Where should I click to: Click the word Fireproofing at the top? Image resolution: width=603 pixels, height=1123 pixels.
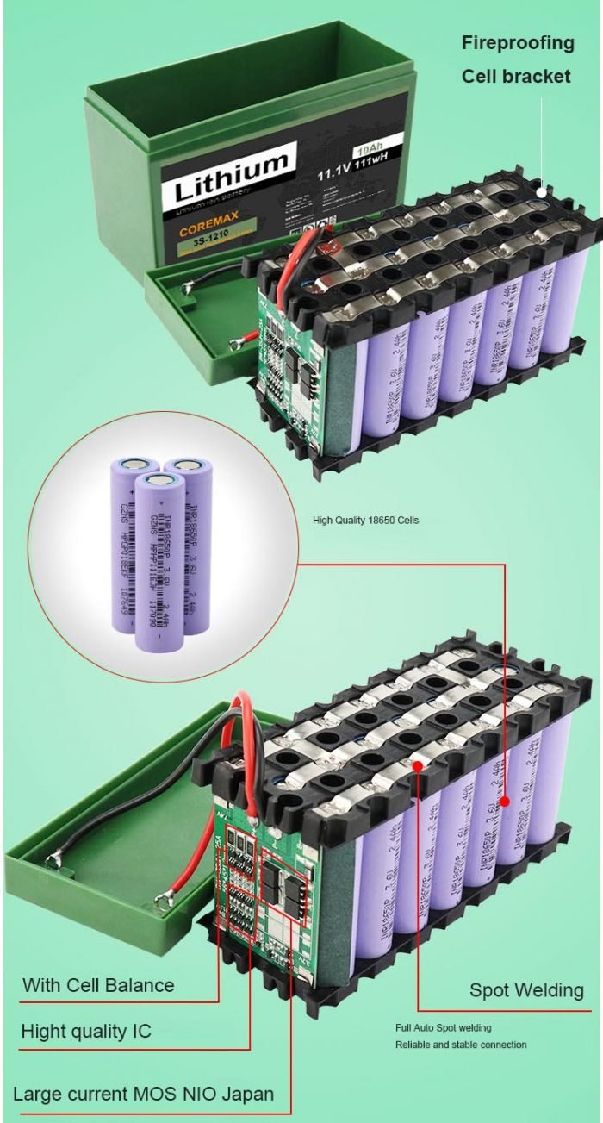(517, 43)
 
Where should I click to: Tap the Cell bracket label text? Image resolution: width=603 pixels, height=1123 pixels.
(515, 77)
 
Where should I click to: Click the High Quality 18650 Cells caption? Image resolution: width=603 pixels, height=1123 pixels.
(365, 521)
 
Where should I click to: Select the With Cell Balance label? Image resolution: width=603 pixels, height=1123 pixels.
(98, 985)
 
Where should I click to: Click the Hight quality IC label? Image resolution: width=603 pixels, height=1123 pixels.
(86, 1031)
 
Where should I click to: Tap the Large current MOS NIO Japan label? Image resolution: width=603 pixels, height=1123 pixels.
(144, 1094)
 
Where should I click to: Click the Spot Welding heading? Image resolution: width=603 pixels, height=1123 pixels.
(526, 990)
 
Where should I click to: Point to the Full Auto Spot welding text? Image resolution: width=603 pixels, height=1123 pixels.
(444, 1028)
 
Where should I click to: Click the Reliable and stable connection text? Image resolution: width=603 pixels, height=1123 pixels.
(461, 1045)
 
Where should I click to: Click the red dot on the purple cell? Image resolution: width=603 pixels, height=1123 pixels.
(505, 801)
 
